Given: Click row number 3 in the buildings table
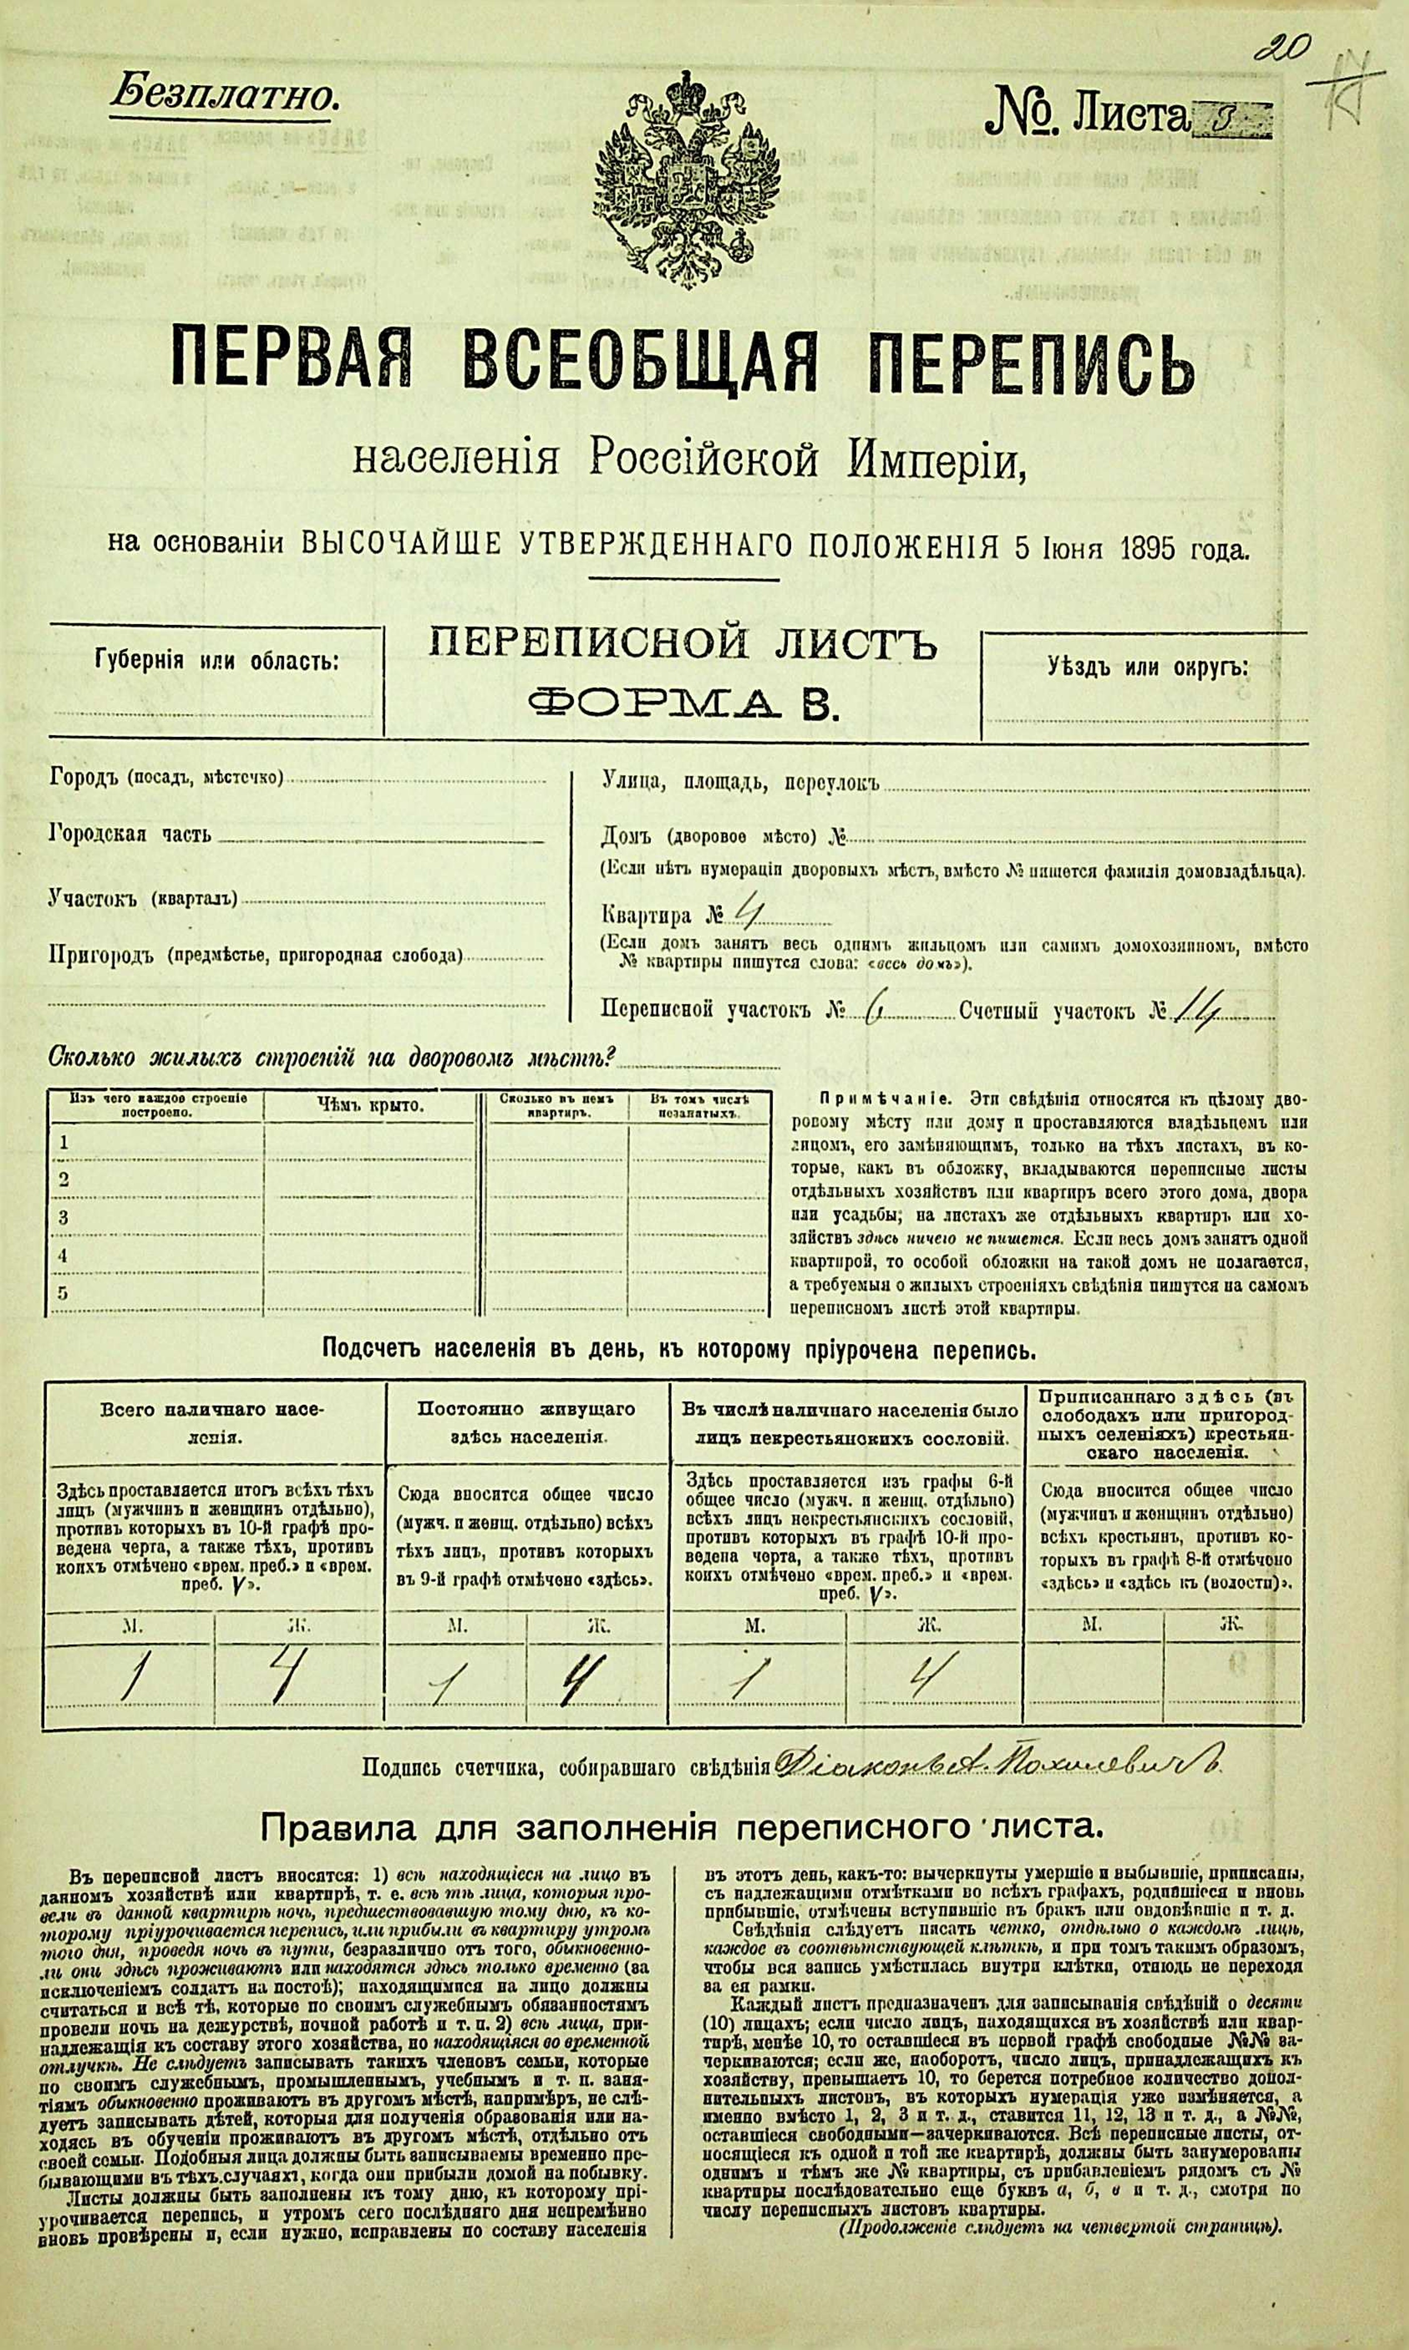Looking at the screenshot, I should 64,1217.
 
